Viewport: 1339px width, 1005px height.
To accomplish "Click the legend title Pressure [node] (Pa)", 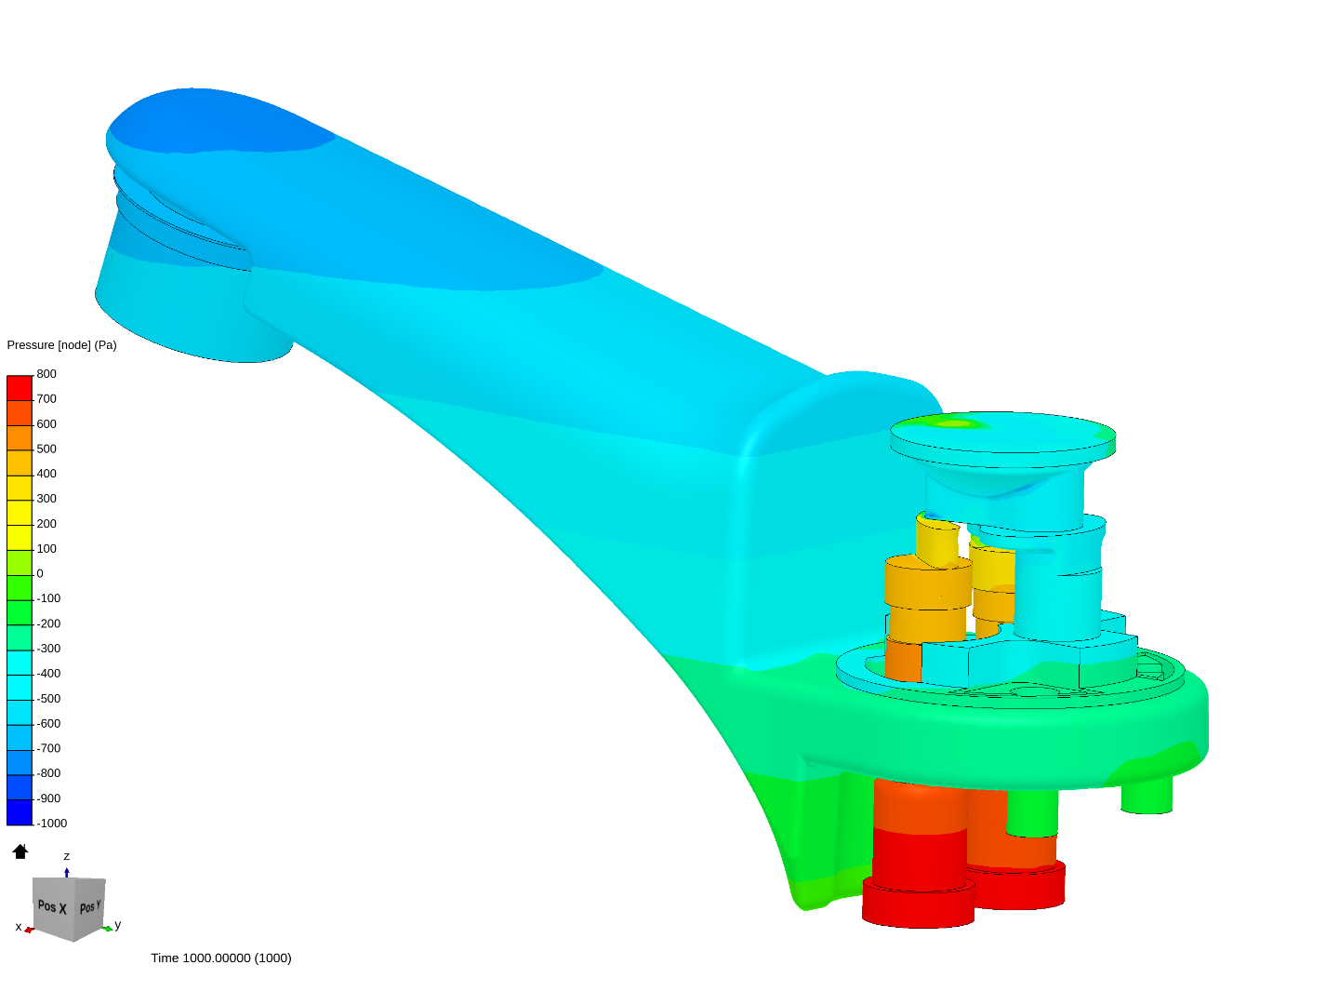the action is (x=61, y=344).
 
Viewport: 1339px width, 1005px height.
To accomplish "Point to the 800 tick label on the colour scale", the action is (x=46, y=374).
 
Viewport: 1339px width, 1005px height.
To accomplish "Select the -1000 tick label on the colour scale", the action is (x=52, y=824).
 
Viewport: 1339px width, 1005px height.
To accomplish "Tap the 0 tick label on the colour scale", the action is (x=40, y=573).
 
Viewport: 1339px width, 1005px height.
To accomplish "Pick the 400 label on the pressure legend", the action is (x=46, y=474).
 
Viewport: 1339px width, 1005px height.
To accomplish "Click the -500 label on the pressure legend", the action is (x=48, y=699).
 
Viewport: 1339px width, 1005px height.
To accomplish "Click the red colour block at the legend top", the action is (x=20, y=388).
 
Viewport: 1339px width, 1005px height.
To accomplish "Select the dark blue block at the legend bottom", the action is (x=20, y=812).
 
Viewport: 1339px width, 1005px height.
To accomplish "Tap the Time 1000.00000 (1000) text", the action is (x=221, y=958).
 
